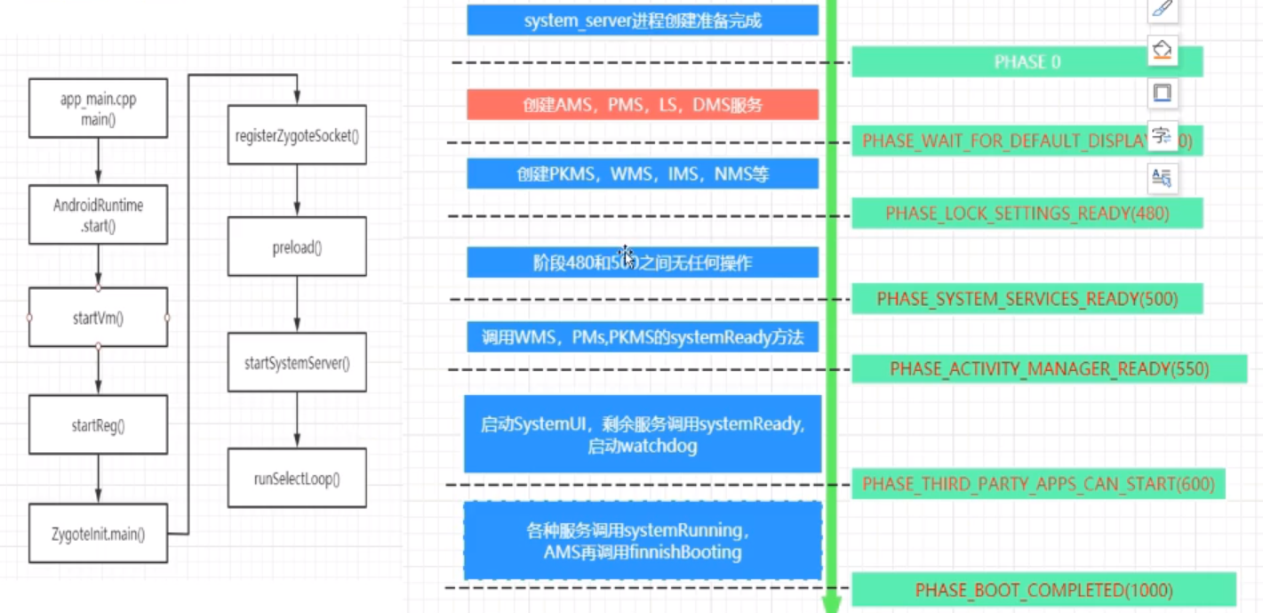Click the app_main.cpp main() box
tap(98, 109)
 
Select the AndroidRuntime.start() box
tap(98, 214)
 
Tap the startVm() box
tap(98, 318)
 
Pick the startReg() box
tap(98, 425)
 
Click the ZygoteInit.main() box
tap(98, 534)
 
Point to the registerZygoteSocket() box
tap(297, 135)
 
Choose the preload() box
tap(297, 247)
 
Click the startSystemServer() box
tap(297, 363)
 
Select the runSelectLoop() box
tap(297, 479)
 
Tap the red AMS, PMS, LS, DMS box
tap(642, 105)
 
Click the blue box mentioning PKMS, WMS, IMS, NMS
tap(642, 174)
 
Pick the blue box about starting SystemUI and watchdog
tap(642, 434)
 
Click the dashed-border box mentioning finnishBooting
tap(642, 541)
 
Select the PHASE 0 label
tap(1027, 62)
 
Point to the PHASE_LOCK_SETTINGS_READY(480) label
tap(1027, 214)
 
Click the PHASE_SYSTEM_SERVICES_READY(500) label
tap(1027, 299)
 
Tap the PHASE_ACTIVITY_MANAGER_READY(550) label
tap(1049, 368)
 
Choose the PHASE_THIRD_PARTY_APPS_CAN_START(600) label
tap(1037, 484)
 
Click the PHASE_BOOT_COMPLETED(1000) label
tap(1043, 590)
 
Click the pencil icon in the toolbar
tap(1162, 10)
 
